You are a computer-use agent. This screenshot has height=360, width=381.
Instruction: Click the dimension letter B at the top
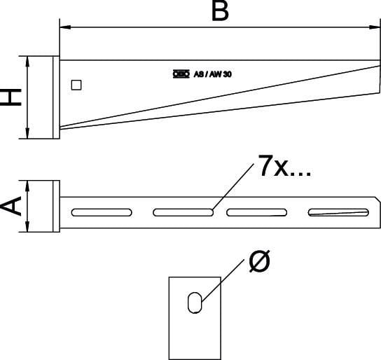[x=220, y=11]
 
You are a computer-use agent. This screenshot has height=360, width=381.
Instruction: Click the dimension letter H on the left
[x=11, y=97]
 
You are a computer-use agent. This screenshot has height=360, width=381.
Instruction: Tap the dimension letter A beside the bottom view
[x=11, y=206]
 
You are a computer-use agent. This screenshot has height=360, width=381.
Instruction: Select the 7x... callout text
[x=284, y=166]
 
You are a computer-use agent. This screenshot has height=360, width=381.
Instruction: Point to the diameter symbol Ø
[x=260, y=261]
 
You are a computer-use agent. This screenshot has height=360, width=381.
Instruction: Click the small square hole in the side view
[x=76, y=85]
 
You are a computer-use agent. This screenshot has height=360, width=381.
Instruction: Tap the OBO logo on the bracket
[x=181, y=74]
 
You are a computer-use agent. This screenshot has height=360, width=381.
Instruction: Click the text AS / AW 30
[x=213, y=74]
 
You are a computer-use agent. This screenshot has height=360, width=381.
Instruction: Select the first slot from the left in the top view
[x=102, y=212]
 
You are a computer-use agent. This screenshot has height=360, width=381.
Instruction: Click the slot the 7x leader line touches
[x=183, y=212]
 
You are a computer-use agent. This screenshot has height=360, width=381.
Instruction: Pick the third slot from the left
[x=257, y=212]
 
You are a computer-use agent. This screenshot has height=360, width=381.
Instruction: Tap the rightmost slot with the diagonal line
[x=338, y=212]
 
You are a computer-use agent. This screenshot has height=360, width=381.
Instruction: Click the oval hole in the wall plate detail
[x=195, y=303]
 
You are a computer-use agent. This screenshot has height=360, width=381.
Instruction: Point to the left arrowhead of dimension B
[x=65, y=27]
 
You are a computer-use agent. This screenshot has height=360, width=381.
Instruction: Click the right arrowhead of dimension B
[x=375, y=27]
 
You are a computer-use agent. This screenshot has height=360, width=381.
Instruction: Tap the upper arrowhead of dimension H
[x=27, y=62]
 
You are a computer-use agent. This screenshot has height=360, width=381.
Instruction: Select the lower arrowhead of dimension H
[x=27, y=133]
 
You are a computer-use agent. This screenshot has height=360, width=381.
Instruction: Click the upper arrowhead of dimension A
[x=27, y=186]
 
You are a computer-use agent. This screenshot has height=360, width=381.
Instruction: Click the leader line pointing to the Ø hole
[x=223, y=281]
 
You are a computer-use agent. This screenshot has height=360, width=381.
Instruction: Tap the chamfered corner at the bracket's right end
[x=377, y=199]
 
